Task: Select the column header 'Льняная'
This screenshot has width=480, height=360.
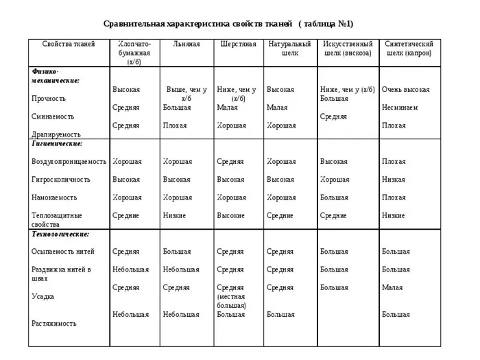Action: click(186, 44)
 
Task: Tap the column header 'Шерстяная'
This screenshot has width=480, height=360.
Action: click(238, 44)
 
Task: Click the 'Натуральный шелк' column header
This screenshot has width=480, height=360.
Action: click(289, 48)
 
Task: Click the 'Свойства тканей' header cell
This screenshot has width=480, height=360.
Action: click(69, 44)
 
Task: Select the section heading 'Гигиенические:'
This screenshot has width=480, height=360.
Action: click(57, 144)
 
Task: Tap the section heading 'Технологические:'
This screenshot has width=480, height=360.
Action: click(60, 234)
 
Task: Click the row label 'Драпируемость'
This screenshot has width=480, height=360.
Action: click(56, 135)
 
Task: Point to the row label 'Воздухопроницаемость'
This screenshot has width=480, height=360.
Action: click(69, 162)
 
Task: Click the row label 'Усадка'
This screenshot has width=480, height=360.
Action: click(43, 296)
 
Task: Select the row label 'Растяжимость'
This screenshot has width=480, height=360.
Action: click(53, 323)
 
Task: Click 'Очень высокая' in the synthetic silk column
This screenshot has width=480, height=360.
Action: click(405, 90)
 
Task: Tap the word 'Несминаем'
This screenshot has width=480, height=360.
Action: click(400, 108)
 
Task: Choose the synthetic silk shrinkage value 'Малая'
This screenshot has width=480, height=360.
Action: click(392, 287)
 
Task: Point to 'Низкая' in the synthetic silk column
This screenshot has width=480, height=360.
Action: click(394, 180)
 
